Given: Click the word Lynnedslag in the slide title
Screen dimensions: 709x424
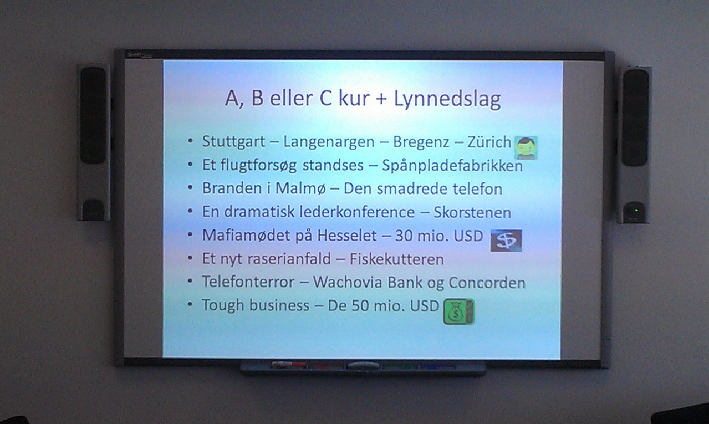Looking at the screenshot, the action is click(x=447, y=99).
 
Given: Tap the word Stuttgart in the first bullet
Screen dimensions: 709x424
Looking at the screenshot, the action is click(x=233, y=142).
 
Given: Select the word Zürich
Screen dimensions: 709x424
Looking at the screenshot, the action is click(x=489, y=142).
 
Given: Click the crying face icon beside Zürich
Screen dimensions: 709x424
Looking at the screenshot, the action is click(x=526, y=148).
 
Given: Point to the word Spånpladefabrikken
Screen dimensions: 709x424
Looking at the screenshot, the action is click(x=452, y=166).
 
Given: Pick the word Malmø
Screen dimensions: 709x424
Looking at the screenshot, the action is click(x=300, y=188).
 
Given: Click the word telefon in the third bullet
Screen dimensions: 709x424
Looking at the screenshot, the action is click(x=477, y=189).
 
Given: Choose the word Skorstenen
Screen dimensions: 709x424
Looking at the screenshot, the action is click(x=472, y=212).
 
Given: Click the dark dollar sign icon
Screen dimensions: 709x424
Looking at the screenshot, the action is click(x=506, y=241).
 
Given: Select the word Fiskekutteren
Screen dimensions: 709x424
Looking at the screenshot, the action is click(x=396, y=259).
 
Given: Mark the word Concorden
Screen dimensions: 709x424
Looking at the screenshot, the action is click(x=487, y=283).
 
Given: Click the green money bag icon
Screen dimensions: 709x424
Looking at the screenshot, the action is click(x=458, y=311).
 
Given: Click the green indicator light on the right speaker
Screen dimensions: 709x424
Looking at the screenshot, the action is click(x=635, y=210).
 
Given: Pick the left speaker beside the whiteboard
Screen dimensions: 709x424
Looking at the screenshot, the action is click(x=94, y=142).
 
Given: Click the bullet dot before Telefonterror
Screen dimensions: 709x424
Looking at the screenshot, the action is click(x=190, y=282).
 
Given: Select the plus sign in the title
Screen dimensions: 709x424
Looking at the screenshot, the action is click(x=381, y=99).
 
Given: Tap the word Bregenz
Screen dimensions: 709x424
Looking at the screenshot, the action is click(x=421, y=142).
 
